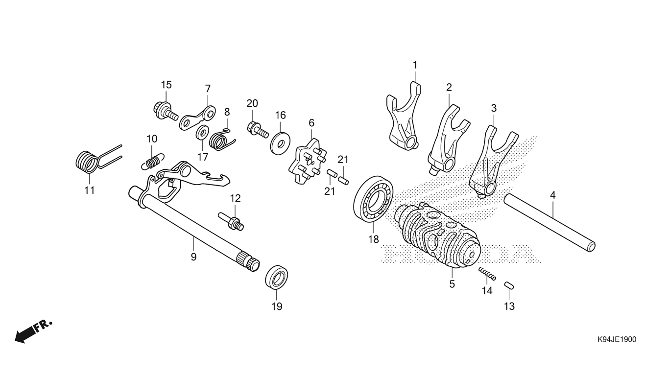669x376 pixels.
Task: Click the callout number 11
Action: click(x=89, y=190)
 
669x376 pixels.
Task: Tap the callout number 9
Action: click(x=193, y=257)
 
